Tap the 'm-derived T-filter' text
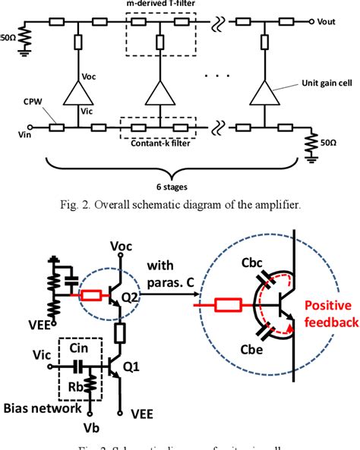coord(158,5)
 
